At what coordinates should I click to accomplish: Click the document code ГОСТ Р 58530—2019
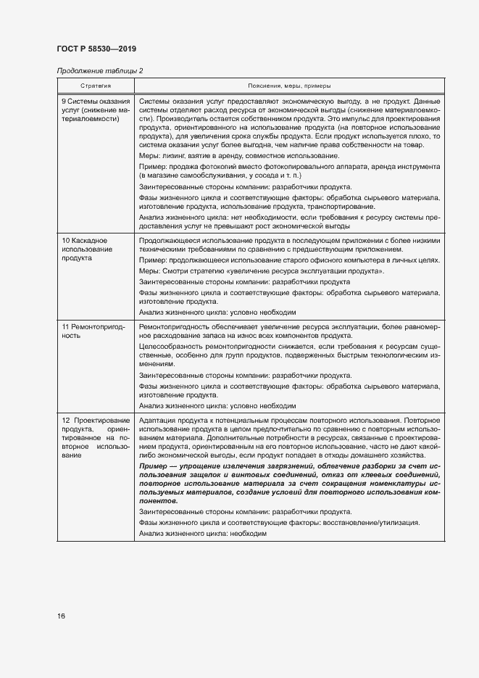pyautogui.click(x=96, y=49)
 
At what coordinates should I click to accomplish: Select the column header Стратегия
pyautogui.click(x=95, y=86)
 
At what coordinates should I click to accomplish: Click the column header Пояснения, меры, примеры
pyautogui.click(x=287, y=86)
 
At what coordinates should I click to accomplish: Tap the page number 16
pyautogui.click(x=62, y=616)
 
